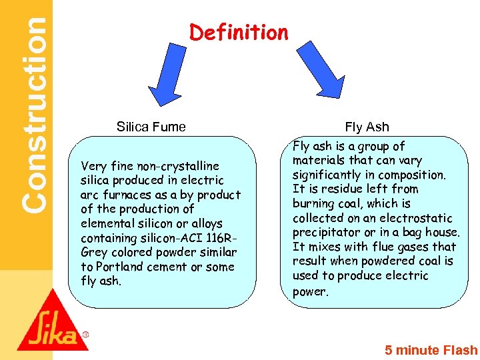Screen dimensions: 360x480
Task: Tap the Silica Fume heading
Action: point(151,127)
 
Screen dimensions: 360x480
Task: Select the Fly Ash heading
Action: point(367,127)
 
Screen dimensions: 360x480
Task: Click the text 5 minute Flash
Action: point(431,350)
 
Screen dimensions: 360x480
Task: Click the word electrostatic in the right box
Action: point(420,218)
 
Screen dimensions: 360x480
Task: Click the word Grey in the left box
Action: point(94,253)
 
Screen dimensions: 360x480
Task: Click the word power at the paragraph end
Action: point(309,291)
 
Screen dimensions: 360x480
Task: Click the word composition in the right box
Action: point(413,175)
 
